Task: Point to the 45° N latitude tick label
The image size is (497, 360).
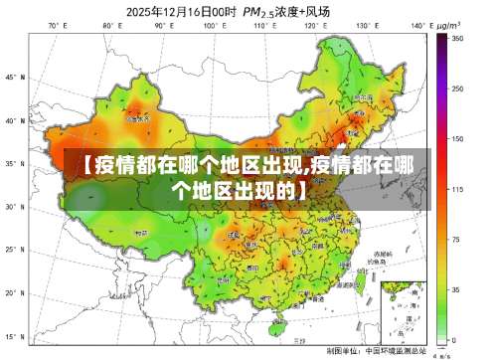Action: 13,77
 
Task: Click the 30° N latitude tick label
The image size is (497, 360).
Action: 13,207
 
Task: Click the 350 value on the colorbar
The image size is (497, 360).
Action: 458,38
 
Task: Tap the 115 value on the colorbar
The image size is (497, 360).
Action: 458,188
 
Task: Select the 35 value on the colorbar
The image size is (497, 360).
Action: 456,289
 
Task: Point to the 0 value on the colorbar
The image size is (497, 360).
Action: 454,339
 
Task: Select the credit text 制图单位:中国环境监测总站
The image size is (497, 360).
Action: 377,351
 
